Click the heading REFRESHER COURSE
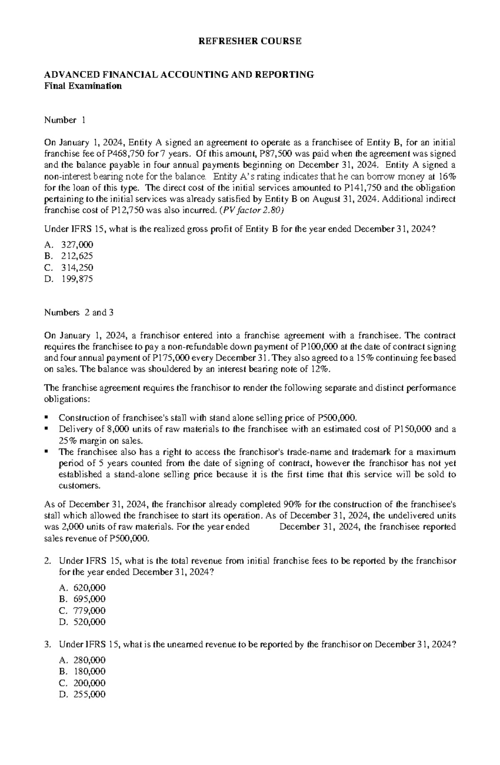pyautogui.click(x=250, y=41)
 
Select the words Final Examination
pyautogui.click(x=83, y=86)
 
